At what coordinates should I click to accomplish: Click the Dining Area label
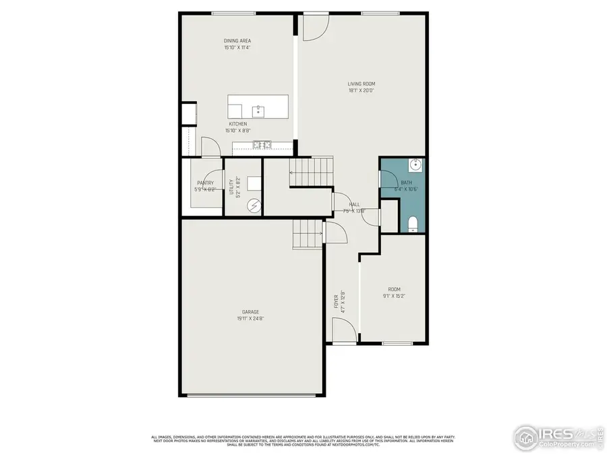[237, 41]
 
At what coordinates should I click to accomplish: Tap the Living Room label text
[362, 84]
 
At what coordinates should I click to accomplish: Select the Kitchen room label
[237, 124]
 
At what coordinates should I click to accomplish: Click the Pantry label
[205, 183]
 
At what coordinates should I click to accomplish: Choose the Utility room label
[231, 187]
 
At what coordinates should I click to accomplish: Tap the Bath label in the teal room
[406, 182]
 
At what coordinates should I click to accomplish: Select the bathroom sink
[417, 164]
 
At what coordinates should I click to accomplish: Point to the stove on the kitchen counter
[262, 144]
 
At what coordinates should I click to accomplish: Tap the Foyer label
[336, 301]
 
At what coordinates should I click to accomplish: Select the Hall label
[354, 204]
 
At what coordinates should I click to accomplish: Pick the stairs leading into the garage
[308, 234]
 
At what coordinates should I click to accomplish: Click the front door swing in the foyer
[343, 330]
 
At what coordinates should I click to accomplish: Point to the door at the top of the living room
[314, 26]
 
